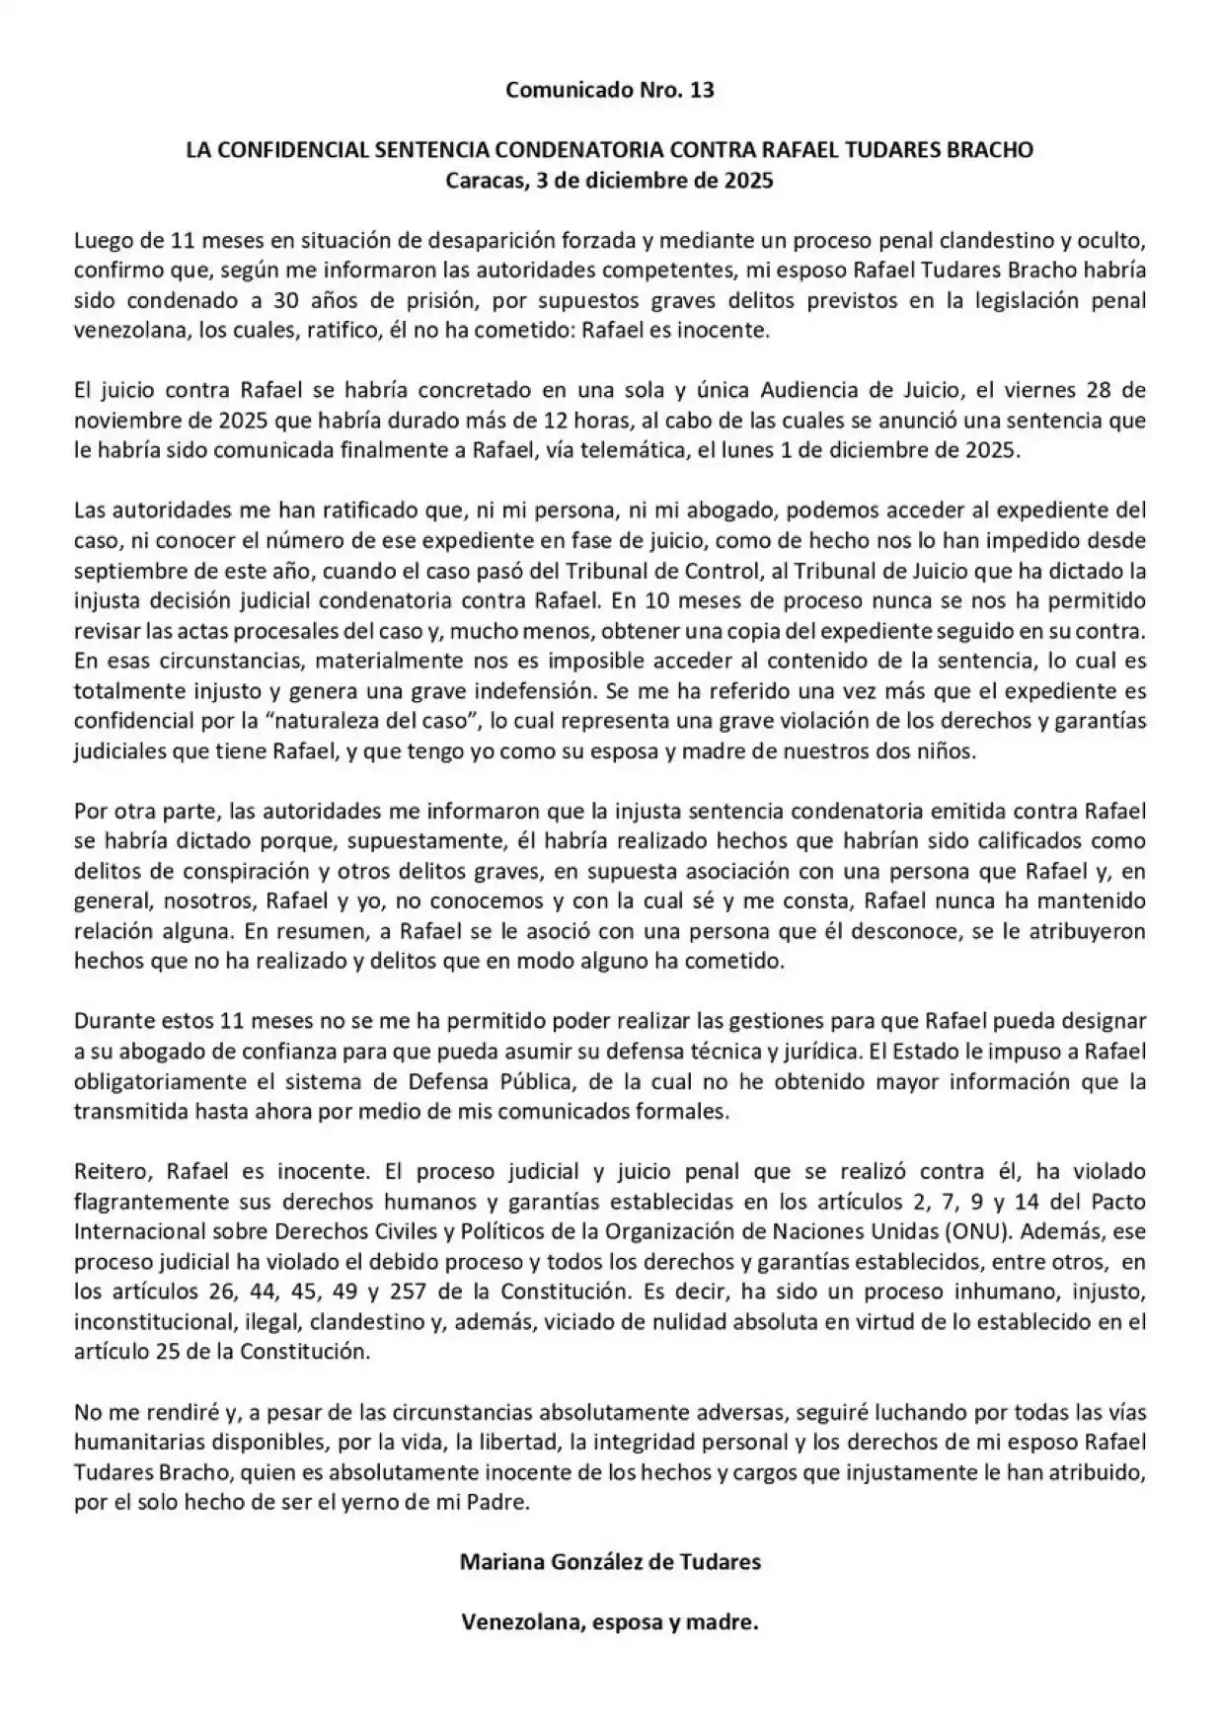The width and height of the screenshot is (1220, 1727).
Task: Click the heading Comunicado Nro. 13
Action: [x=609, y=91]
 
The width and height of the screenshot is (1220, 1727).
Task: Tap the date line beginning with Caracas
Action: [x=609, y=181]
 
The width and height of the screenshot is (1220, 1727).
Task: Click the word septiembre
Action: [x=122, y=571]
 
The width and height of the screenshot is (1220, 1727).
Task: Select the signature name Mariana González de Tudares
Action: [x=609, y=1562]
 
